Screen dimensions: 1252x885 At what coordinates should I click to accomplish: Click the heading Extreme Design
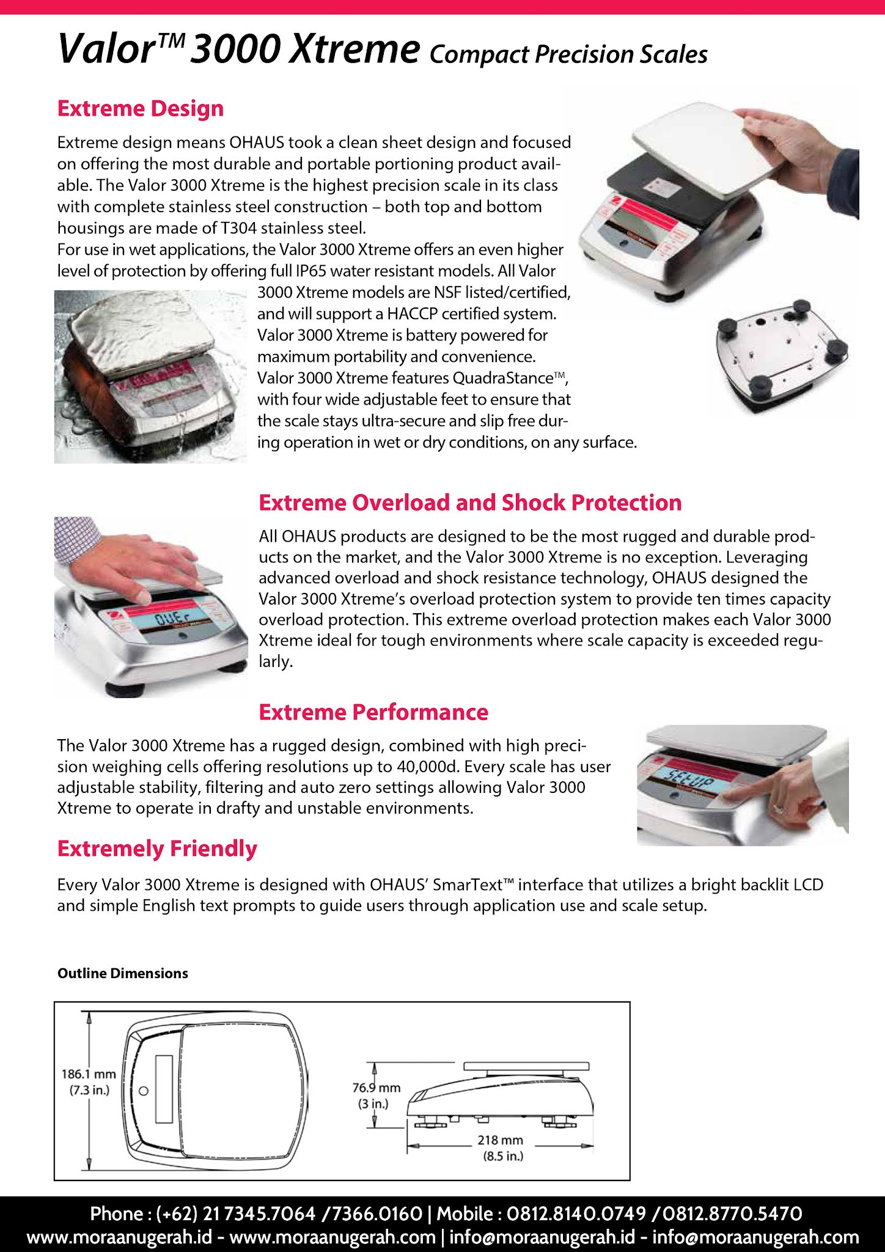coord(141,109)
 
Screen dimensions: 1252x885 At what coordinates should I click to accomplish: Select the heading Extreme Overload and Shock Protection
coord(470,503)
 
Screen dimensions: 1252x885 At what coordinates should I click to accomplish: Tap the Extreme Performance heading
coord(373,712)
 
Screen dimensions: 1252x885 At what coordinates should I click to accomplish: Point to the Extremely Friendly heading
coord(157,849)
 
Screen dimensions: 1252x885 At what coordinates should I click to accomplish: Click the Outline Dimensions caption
coord(123,973)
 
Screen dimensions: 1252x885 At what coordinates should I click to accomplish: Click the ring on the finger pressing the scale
coord(779,809)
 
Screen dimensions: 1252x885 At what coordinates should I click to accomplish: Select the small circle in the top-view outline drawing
coord(144,1091)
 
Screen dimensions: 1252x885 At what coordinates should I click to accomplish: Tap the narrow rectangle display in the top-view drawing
coord(164,1089)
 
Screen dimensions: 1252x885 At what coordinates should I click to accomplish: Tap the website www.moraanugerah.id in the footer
coord(120,1237)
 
